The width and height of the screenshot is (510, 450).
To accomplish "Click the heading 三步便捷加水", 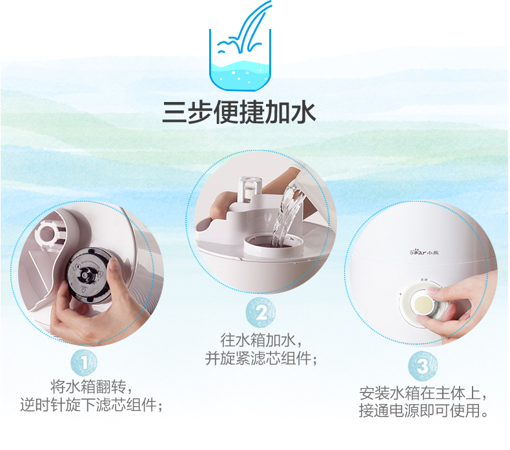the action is tap(239, 112).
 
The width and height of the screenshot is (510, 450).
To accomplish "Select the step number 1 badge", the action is tap(84, 363).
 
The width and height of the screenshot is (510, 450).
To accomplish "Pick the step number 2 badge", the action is tap(261, 312).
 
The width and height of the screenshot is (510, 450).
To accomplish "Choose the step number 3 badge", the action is tap(422, 365).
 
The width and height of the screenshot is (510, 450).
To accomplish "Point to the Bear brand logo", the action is tap(423, 252).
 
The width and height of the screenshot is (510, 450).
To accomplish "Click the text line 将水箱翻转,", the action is tap(92, 387).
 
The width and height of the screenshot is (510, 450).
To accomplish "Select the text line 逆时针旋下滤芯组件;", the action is tap(92, 405).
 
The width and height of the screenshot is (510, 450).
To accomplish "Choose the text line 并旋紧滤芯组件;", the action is tap(261, 358).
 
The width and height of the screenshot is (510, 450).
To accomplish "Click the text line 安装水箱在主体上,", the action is tap(423, 394).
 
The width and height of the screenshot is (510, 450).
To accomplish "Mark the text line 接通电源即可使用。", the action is tap(423, 411).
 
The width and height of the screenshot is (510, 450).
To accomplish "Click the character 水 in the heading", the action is tap(303, 112).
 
